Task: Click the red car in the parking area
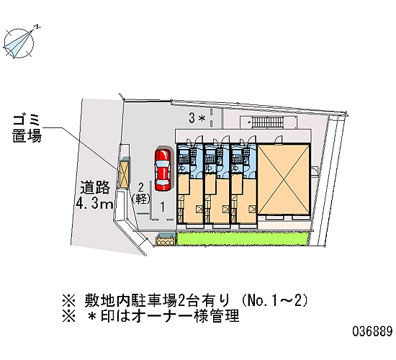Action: coord(163,170)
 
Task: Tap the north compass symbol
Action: coord(19,43)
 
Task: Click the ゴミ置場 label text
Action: coord(27,129)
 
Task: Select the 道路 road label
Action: coord(95,188)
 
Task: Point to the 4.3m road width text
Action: coord(94,202)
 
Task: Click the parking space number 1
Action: coord(163,207)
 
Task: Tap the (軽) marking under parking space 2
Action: coord(141,199)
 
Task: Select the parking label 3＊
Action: coord(197,118)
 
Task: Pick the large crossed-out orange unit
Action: coord(284,179)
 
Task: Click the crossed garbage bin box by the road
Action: coord(125,174)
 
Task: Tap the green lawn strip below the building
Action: coord(243,239)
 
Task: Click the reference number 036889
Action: coord(372,331)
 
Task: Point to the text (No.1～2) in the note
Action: coord(275,300)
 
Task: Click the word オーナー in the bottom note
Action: coord(163,316)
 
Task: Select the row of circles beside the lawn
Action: coord(165,242)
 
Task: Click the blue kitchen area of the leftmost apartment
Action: coord(190,159)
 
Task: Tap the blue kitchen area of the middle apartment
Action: coord(217,159)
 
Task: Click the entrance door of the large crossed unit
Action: coord(279,140)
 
